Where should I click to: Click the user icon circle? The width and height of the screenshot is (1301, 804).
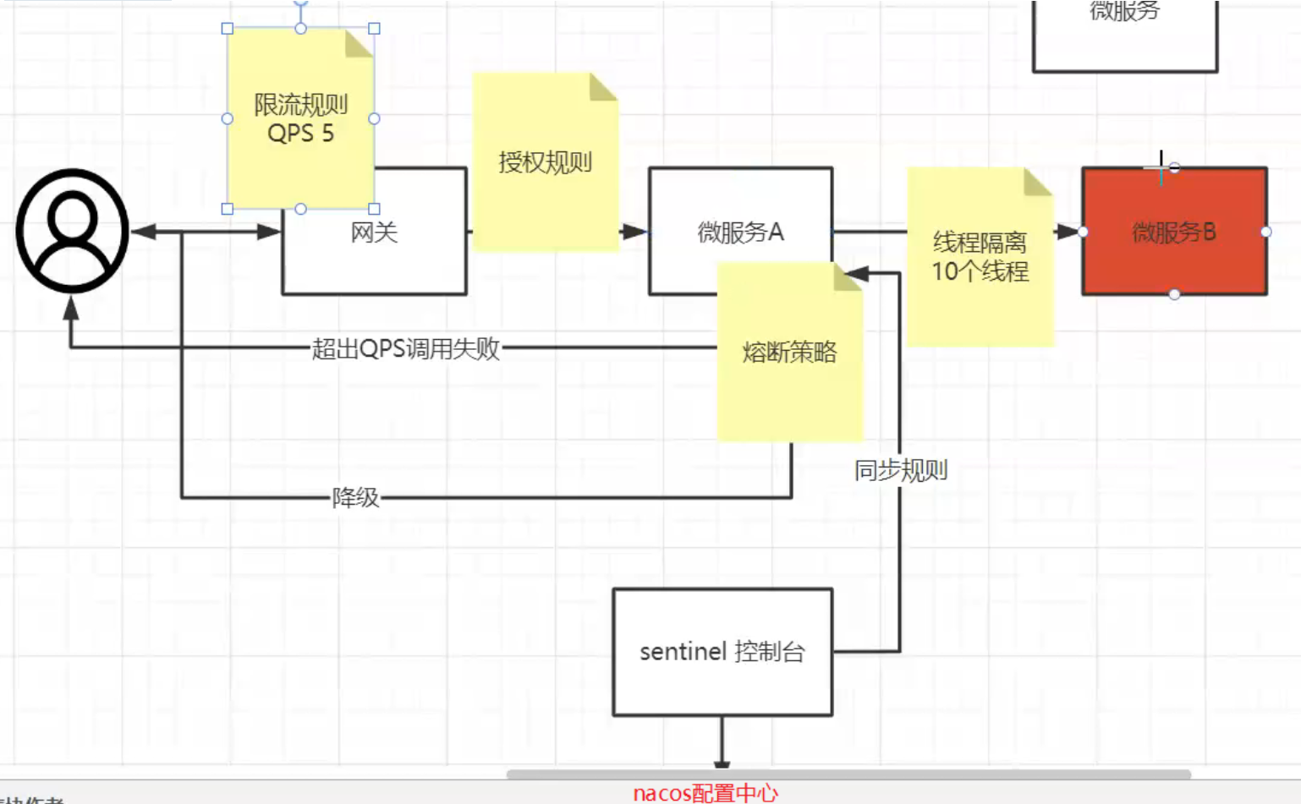[73, 231]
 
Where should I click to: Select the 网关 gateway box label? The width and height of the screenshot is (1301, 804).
[374, 232]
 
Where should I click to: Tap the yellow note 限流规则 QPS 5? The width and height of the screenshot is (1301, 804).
[300, 118]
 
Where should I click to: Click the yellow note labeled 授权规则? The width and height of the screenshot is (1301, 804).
[545, 162]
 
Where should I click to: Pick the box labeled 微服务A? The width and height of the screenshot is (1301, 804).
[740, 232]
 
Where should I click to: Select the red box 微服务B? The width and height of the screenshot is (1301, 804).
[1174, 232]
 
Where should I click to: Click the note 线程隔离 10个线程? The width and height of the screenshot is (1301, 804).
[980, 257]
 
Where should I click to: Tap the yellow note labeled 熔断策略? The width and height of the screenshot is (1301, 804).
[789, 352]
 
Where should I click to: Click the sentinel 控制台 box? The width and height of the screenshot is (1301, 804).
[722, 652]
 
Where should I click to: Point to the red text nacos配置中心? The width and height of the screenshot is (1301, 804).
[705, 793]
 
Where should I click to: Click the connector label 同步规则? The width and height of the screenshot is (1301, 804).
[901, 470]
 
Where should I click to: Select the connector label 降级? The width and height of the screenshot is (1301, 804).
[355, 497]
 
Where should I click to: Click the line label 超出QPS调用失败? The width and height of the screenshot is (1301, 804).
[406, 348]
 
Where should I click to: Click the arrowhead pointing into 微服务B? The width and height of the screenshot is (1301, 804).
[1068, 232]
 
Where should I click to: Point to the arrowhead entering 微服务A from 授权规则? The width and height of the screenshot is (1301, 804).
[634, 232]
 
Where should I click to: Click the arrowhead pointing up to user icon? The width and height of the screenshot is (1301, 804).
[71, 309]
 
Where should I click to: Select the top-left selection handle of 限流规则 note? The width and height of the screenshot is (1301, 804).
[228, 29]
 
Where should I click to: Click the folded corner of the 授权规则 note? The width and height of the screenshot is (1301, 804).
[603, 86]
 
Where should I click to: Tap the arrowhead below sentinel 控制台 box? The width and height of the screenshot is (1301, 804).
[722, 764]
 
